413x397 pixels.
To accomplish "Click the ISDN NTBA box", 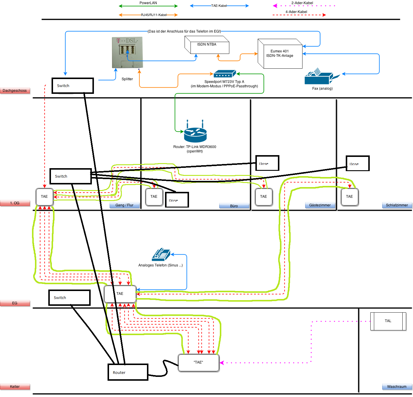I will pyautogui.click(x=207, y=45).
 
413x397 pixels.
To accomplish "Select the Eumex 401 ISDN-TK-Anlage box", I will pyautogui.click(x=280, y=54).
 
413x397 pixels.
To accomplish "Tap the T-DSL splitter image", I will pyautogui.click(x=127, y=52).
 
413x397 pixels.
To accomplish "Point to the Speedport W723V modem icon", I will pyautogui.click(x=225, y=74).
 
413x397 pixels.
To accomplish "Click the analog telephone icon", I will pyautogui.click(x=161, y=254).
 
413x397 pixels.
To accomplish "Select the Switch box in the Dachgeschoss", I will pyautogui.click(x=73, y=86).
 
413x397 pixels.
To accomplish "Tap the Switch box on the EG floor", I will pyautogui.click(x=69, y=298).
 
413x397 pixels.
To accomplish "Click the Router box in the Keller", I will pyautogui.click(x=128, y=372).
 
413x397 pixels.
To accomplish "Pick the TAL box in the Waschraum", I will pyautogui.click(x=388, y=321).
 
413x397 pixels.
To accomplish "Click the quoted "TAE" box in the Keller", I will pyautogui.click(x=199, y=362).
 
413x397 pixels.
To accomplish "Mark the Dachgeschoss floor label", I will pyautogui.click(x=15, y=91).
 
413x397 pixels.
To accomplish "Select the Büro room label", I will pyautogui.click(x=234, y=206).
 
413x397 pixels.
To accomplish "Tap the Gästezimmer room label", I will pyautogui.click(x=320, y=205).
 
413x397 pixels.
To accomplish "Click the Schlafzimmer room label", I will pyautogui.click(x=397, y=205).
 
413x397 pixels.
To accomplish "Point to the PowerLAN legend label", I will pyautogui.click(x=148, y=3).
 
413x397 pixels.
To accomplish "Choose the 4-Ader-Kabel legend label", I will pyautogui.click(x=296, y=12).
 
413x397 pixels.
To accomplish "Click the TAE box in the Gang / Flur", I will pyautogui.click(x=44, y=197).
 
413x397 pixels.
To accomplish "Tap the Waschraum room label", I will pyautogui.click(x=397, y=387).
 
